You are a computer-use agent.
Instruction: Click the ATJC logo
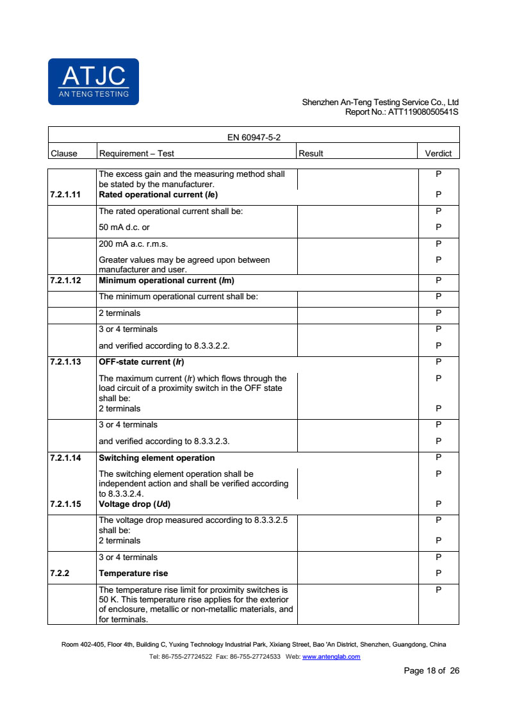click(93, 81)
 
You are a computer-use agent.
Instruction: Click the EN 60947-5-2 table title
click(254, 137)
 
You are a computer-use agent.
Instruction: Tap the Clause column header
click(63, 153)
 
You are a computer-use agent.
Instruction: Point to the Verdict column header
click(438, 153)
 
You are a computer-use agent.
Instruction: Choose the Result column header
click(311, 153)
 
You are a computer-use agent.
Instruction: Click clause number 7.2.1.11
click(65, 194)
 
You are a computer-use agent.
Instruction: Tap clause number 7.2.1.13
click(65, 361)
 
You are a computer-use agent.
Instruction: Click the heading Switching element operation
click(157, 458)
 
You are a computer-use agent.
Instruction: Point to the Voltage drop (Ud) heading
click(135, 504)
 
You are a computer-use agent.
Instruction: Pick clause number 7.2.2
click(59, 573)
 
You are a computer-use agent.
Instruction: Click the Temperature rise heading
click(133, 573)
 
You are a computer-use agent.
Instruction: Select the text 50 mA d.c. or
click(124, 227)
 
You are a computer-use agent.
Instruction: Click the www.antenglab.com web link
click(331, 657)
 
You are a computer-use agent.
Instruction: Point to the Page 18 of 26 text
click(431, 671)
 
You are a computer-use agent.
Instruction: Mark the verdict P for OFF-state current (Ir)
click(438, 361)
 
